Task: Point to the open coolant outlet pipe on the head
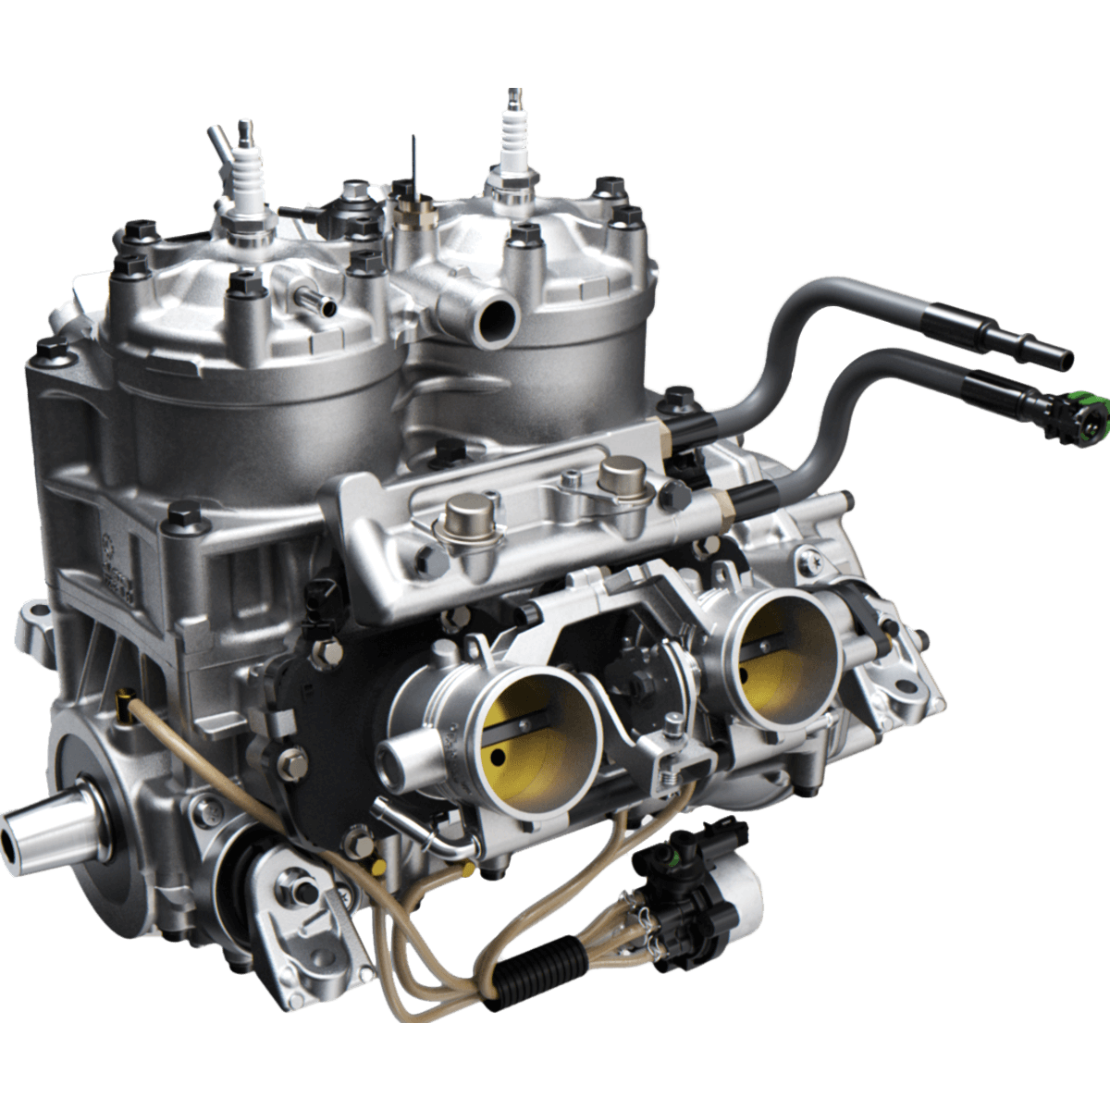[493, 319]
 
